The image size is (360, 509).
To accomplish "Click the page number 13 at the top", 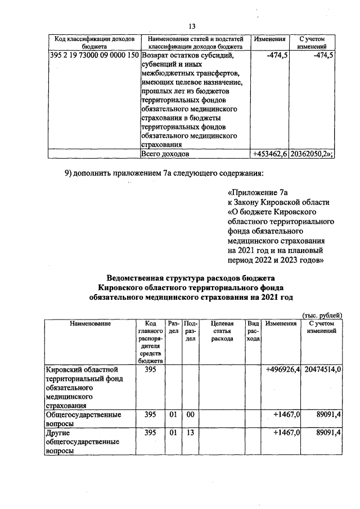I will (192, 26).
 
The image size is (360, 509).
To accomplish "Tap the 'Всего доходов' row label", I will (165, 154).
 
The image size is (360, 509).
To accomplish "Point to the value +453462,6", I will (269, 154).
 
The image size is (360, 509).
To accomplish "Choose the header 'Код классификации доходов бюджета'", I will (93, 43).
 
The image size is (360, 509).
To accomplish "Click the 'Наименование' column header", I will (90, 323).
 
